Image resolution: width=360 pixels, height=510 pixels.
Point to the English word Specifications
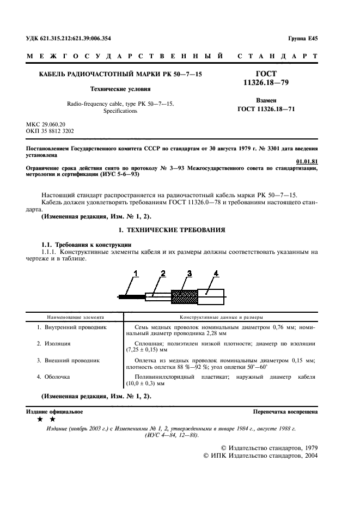(120, 111)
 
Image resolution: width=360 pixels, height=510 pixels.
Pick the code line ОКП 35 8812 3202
(50, 131)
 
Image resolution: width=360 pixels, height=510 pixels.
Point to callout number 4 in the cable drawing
(216, 273)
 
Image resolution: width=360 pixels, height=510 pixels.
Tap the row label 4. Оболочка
(54, 376)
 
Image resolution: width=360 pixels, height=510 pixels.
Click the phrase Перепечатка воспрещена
(285, 411)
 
